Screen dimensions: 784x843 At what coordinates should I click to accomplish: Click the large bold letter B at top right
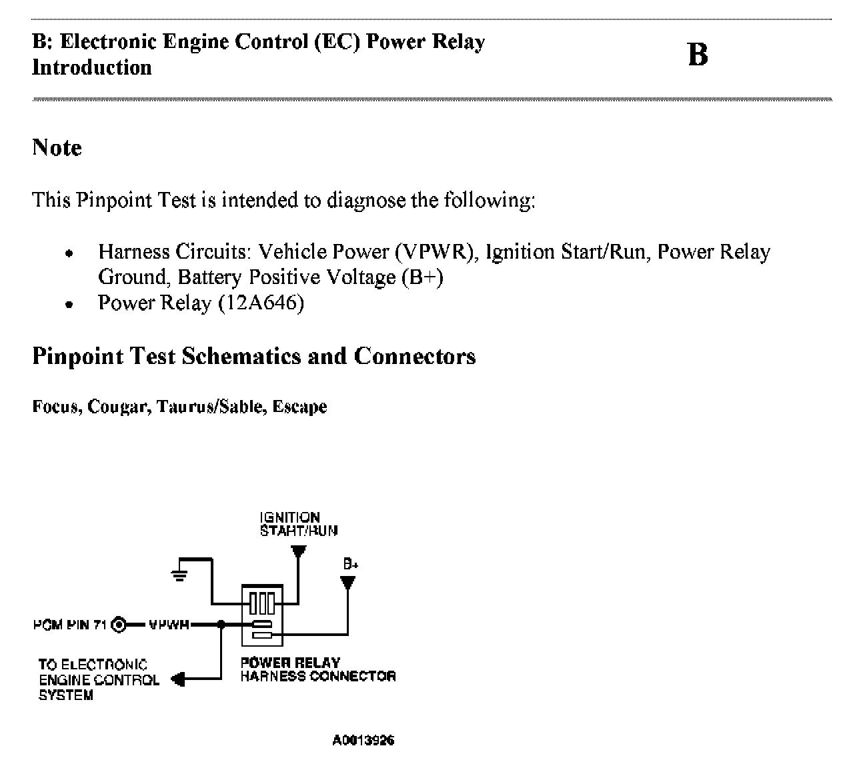[x=697, y=55]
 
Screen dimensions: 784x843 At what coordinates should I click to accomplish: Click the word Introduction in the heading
[x=92, y=67]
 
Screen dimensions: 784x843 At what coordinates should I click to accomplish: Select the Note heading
[x=57, y=147]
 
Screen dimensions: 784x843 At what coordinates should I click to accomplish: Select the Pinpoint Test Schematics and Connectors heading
[x=253, y=356]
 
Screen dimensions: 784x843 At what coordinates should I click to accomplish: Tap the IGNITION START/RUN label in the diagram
[x=298, y=524]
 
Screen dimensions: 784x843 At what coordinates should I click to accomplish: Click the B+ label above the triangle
[x=350, y=564]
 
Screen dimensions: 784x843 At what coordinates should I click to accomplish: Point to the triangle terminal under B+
[x=347, y=583]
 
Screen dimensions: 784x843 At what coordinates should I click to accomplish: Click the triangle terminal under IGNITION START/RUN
[x=298, y=551]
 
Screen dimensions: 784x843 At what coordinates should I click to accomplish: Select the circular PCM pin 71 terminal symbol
[x=119, y=625]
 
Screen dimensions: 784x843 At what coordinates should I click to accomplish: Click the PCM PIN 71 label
[x=70, y=625]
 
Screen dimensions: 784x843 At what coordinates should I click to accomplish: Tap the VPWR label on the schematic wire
[x=168, y=625]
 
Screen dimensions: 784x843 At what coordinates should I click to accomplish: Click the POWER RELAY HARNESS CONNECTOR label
[x=317, y=669]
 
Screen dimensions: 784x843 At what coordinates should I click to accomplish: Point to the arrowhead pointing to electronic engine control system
[x=178, y=679]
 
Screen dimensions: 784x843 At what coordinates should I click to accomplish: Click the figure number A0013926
[x=363, y=741]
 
